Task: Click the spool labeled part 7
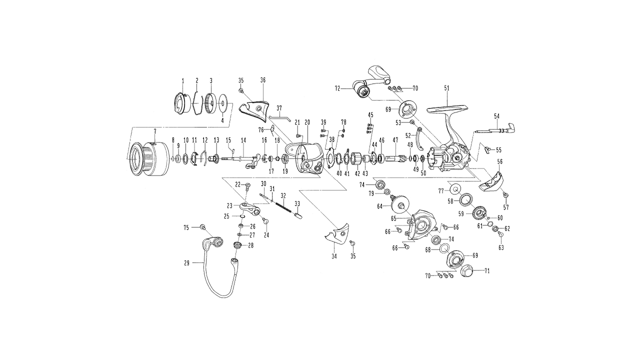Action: (148, 159)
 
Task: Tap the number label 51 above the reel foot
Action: (447, 88)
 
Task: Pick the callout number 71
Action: (487, 271)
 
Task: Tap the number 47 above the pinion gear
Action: (395, 140)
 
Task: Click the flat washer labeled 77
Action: (455, 189)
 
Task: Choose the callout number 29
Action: (186, 263)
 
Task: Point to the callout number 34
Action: (334, 256)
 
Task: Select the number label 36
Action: (263, 80)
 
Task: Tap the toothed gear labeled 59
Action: (479, 213)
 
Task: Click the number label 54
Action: (497, 116)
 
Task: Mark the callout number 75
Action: (186, 227)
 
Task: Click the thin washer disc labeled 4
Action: (222, 103)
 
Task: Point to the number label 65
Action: (393, 218)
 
